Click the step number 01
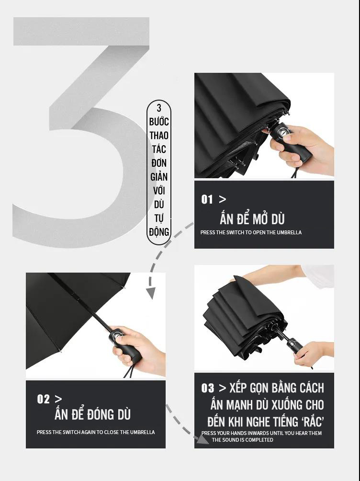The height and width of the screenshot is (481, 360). click(207, 199)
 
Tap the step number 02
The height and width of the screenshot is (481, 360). click(43, 399)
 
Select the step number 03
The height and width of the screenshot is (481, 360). click(208, 388)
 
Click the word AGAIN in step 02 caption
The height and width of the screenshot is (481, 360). click(88, 432)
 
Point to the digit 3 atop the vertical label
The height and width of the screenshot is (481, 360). click(159, 108)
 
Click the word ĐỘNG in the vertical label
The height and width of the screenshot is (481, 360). click(159, 231)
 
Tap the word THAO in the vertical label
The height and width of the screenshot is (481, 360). click(159, 135)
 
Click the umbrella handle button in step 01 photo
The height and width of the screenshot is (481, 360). click(282, 132)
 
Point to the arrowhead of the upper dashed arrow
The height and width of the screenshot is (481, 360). click(151, 293)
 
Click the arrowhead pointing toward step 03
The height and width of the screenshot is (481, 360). click(202, 439)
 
